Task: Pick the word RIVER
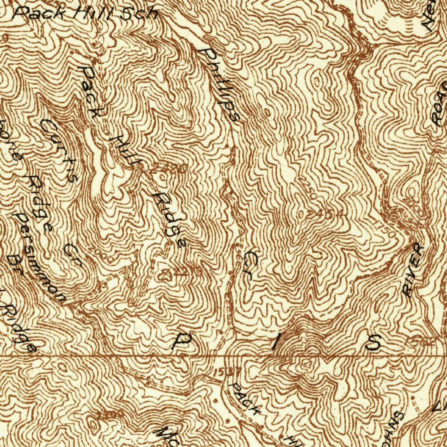tap(413, 271)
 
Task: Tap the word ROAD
tap(440, 105)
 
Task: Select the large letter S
tap(374, 344)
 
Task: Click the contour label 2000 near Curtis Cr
tap(96, 251)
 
